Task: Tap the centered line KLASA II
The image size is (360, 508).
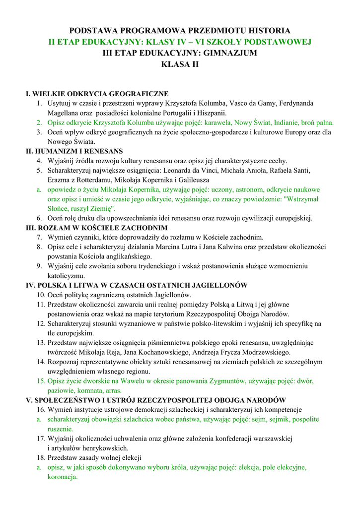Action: (180, 64)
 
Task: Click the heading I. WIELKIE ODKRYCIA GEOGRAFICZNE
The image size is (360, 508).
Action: (97, 94)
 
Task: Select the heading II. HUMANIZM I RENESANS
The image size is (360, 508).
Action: (74, 151)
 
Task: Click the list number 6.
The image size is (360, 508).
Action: (39, 218)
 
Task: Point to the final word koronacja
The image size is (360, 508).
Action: (63, 477)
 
